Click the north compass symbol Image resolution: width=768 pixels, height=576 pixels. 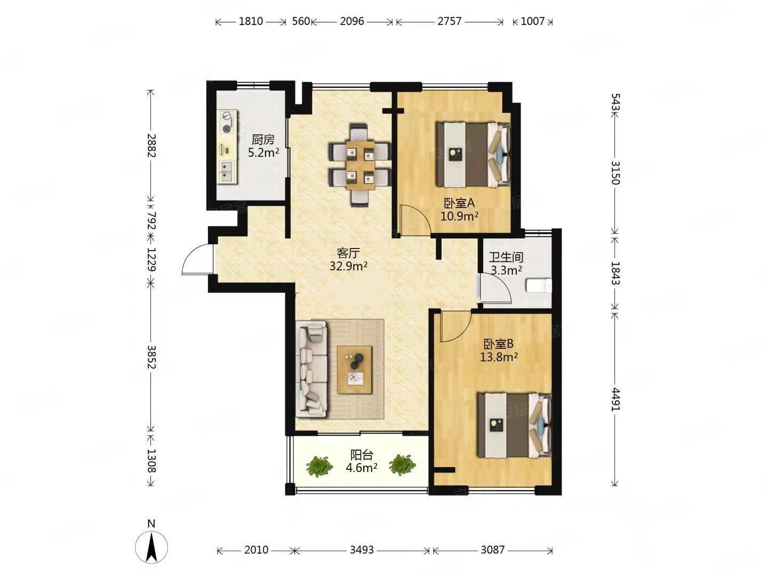(151, 547)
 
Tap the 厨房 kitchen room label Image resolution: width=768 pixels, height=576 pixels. (263, 140)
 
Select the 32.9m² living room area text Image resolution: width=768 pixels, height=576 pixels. (348, 266)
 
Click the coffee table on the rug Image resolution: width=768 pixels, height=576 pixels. (355, 370)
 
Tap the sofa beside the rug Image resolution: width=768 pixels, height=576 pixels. (312, 369)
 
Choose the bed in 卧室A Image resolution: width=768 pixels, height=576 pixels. (473, 154)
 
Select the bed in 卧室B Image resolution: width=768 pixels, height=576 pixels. (514, 425)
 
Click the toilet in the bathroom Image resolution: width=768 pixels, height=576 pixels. (539, 285)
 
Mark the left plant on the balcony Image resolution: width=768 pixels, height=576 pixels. (319, 466)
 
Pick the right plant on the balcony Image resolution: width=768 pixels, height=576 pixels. (403, 465)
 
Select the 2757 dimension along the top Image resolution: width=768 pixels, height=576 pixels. (450, 22)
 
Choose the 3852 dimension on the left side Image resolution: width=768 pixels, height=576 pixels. (151, 357)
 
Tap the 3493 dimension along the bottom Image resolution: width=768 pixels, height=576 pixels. (362, 550)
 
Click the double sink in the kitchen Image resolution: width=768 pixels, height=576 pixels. (228, 172)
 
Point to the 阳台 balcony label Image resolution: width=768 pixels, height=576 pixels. (362, 455)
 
